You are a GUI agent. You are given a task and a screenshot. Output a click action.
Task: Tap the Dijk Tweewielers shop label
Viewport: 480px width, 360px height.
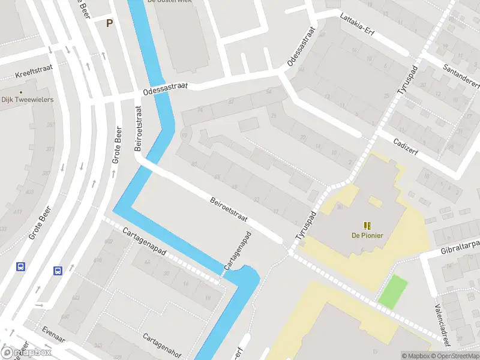(28, 100)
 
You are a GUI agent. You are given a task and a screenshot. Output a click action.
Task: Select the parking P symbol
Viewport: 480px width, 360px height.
(109, 23)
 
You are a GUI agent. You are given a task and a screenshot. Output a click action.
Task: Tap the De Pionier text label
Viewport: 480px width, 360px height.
(367, 235)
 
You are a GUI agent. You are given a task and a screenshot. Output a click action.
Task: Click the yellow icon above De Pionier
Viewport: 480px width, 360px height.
(368, 225)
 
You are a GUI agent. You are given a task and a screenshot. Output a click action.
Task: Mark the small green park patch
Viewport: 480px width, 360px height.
(392, 291)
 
